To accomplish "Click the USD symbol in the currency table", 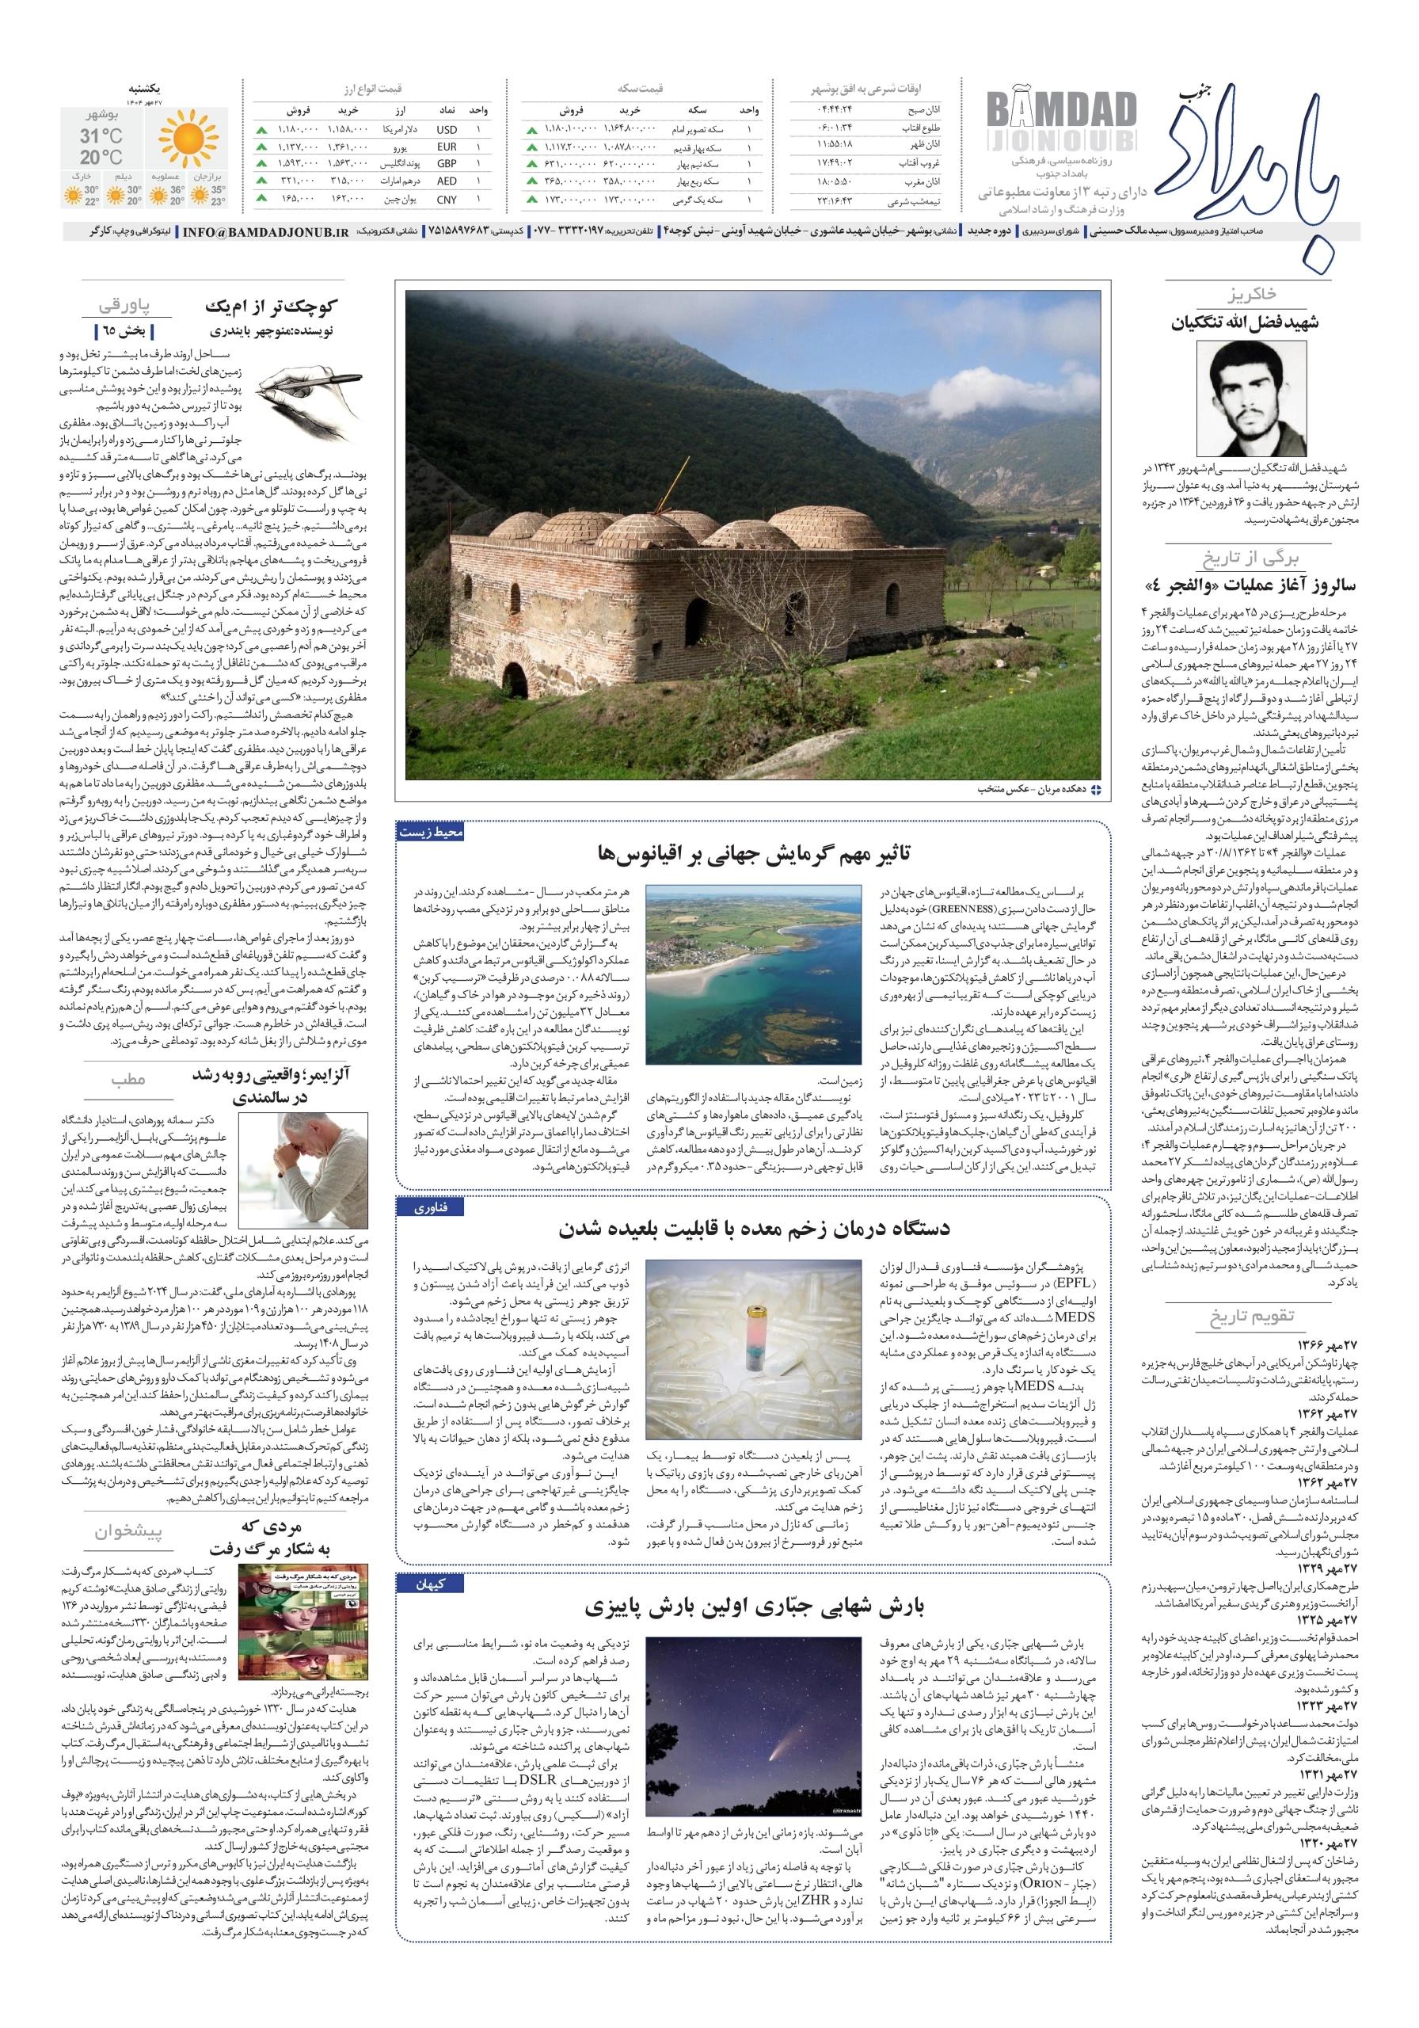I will (x=446, y=129).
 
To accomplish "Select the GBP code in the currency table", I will (x=447, y=163).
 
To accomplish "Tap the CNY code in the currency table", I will (x=447, y=200).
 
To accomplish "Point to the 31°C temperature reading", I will (x=101, y=136).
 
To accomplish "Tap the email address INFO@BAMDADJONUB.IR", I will (x=265, y=231).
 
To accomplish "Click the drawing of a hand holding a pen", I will (x=311, y=396).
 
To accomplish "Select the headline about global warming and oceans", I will (x=753, y=853).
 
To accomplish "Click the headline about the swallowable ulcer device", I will (x=753, y=1229).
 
